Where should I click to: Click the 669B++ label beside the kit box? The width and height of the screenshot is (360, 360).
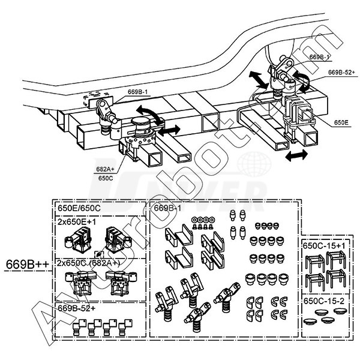(26, 263)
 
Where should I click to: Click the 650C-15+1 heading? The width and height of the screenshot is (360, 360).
(325, 246)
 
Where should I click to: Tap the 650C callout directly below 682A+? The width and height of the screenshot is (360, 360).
(106, 178)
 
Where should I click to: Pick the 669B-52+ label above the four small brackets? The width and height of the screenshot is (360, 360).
(79, 307)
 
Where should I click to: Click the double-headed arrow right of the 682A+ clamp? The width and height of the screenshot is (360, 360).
(170, 130)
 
